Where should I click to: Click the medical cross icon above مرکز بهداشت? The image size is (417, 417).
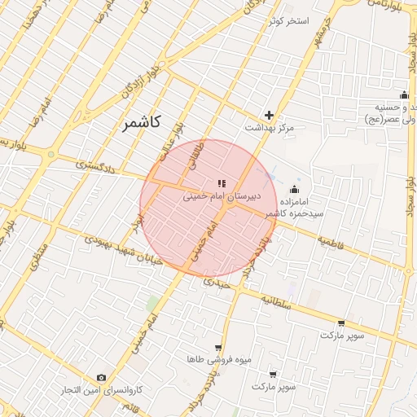[269, 115]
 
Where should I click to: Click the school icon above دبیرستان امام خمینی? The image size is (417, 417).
[222, 183]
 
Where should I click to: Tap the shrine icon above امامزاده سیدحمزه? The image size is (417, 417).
[295, 190]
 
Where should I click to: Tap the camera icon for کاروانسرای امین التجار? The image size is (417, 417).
[100, 377]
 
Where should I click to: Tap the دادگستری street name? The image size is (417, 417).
[96, 165]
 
